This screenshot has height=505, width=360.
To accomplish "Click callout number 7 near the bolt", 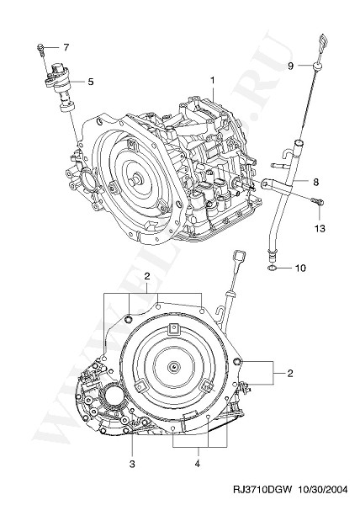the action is tap(66, 47).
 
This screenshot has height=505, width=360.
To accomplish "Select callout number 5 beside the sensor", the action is tap(90, 82).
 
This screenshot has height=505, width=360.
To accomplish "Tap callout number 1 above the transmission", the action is tap(213, 80).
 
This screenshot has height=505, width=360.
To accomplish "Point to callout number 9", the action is tap(290, 66).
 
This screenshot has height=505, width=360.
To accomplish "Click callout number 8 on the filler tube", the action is tap(315, 182).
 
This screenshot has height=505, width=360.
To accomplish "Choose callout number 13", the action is tap(320, 228).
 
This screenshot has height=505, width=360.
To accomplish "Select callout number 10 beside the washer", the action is tap(300, 268).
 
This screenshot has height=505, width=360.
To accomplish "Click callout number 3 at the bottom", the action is tap(132, 464).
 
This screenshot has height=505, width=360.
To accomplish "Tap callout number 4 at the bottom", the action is tap(198, 464).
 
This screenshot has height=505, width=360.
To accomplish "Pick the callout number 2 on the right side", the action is tap(290, 373).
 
